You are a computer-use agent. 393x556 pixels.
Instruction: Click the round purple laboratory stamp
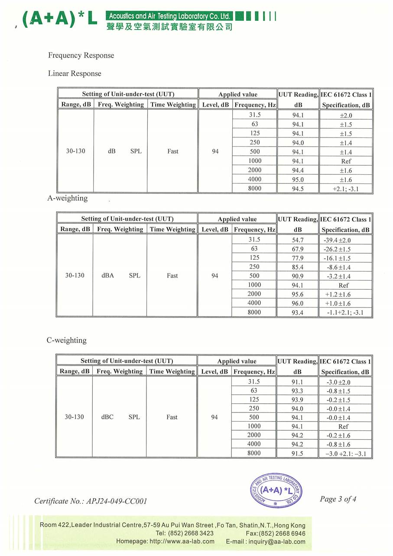pos(276,491)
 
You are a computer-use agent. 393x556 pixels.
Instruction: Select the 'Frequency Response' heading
pos(81,56)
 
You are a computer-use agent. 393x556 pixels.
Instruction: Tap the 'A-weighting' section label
pos(67,198)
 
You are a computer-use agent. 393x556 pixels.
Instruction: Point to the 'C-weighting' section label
pos(66,340)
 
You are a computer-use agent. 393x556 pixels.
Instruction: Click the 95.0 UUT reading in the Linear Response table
pos(298,180)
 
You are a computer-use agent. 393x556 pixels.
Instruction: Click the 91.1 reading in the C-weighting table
pos(297,382)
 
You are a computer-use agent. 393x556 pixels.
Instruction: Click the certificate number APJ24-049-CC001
pos(117,501)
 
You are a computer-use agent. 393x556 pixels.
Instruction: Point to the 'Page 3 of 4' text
pos(338,499)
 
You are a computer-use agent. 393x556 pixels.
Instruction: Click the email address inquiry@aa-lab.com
pos(277,542)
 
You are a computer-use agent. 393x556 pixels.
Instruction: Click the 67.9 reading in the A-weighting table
pos(298,249)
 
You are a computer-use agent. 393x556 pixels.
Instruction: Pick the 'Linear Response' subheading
pos(75,74)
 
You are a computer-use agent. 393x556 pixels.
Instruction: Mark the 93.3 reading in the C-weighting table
pos(297,391)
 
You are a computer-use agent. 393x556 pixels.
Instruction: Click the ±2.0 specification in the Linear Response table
pos(346,115)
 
